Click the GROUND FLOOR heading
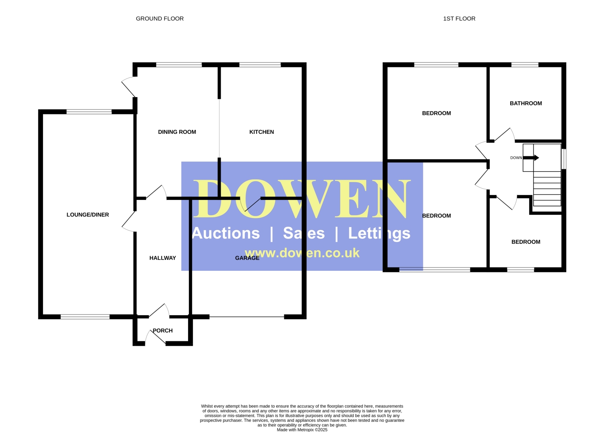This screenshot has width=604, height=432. (159, 19)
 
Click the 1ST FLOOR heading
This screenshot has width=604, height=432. (459, 19)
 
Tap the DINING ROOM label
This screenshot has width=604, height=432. (177, 132)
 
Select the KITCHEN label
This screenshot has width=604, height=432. (262, 132)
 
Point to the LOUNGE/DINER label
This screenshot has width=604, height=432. (88, 215)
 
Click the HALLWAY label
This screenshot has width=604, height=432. (163, 258)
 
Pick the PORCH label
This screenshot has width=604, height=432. (163, 330)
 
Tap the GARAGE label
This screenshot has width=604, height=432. (247, 258)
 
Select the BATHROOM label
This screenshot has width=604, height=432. (526, 103)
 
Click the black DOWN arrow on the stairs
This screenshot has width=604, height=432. (531, 158)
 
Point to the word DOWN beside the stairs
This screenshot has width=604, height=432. (516, 158)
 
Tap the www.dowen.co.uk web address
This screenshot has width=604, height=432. (302, 253)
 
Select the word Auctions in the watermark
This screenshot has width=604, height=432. (226, 233)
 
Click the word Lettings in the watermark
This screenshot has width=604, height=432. (379, 233)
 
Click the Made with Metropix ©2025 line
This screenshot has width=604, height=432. (302, 430)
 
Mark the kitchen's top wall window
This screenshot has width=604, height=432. (260, 65)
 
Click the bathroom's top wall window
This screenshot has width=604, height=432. (525, 65)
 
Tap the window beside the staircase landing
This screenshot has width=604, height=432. (564, 159)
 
